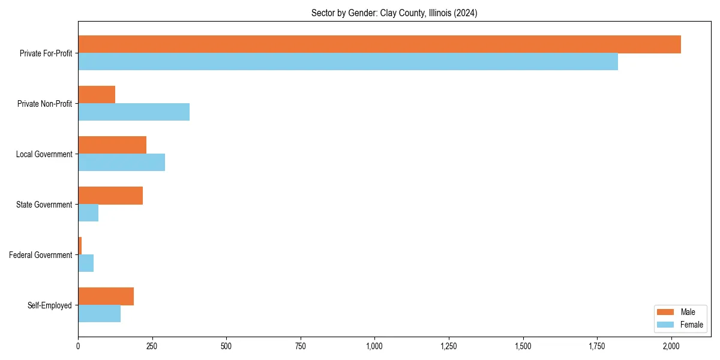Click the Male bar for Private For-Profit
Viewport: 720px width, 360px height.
tap(379, 44)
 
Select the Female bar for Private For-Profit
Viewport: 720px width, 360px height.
tap(348, 62)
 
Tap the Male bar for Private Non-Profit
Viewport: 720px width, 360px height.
tap(97, 95)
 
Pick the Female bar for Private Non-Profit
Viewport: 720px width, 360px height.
tap(134, 112)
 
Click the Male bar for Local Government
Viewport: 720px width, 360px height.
tap(112, 145)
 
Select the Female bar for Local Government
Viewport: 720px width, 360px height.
tap(121, 163)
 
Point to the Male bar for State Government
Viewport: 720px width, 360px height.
tap(110, 196)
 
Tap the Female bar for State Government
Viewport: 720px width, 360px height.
tap(88, 213)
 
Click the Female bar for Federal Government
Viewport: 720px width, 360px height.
tap(86, 263)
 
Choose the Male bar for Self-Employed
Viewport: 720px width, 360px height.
tap(106, 296)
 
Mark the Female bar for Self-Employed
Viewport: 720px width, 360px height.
tap(99, 314)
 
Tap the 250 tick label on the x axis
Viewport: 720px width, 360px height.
tap(152, 346)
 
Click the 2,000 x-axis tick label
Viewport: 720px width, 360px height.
tap(671, 346)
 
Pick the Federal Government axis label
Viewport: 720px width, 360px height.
tap(41, 255)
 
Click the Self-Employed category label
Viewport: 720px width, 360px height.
tap(50, 305)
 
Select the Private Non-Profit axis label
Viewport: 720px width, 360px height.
tap(46, 104)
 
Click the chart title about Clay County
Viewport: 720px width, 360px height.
tap(394, 13)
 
